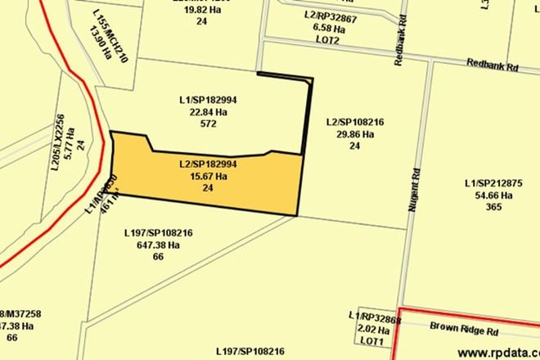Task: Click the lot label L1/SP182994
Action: [208, 101]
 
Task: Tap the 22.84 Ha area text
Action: [208, 112]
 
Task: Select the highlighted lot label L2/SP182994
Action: [208, 164]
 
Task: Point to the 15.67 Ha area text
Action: [208, 176]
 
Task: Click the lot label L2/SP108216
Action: [354, 123]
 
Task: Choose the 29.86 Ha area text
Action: [354, 134]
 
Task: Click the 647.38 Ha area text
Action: [158, 245]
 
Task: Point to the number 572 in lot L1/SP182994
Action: [208, 124]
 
